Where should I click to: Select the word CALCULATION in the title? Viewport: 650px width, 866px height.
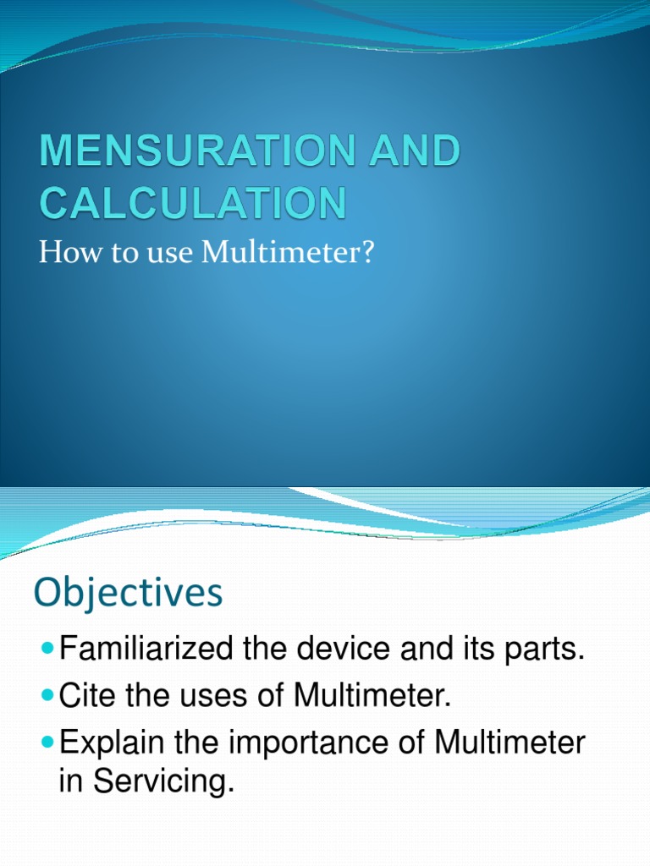[x=193, y=204]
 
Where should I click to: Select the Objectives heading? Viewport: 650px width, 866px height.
[x=128, y=593]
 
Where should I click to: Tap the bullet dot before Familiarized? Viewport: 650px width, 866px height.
[x=47, y=650]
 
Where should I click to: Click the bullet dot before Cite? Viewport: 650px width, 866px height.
[x=47, y=697]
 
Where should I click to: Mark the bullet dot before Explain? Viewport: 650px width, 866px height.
[x=47, y=743]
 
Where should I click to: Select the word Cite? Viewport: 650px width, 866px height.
[x=89, y=698]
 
